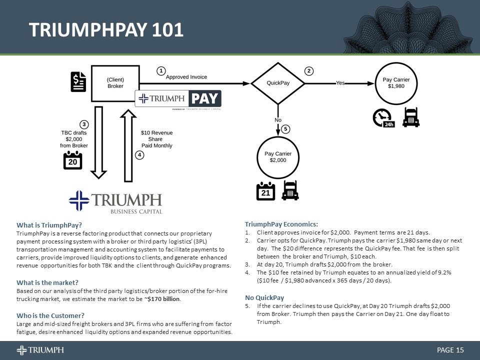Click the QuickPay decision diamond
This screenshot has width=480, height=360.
[x=277, y=83]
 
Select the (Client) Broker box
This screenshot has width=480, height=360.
[x=115, y=82]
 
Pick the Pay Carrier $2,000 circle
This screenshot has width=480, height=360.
[x=278, y=156]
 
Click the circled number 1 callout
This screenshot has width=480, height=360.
[x=161, y=71]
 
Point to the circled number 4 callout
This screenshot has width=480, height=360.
[x=140, y=155]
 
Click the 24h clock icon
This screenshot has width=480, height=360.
[x=383, y=118]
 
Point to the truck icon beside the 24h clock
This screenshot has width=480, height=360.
[x=411, y=117]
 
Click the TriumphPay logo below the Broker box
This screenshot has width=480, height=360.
[x=178, y=99]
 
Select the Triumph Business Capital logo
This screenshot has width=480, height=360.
[x=115, y=202]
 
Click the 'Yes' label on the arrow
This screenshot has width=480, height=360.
[x=340, y=83]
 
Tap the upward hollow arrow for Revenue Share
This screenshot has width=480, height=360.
[x=128, y=146]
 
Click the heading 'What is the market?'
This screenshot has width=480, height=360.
[x=47, y=283]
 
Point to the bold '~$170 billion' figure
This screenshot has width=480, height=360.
[x=162, y=299]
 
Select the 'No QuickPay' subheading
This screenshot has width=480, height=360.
[x=264, y=298]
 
